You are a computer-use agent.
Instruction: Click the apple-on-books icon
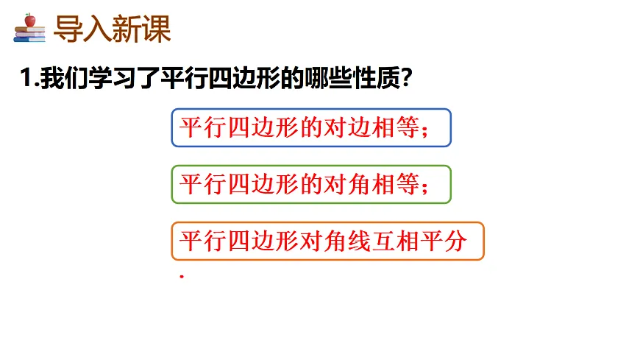(29, 29)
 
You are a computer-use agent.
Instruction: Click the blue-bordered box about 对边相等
(310, 128)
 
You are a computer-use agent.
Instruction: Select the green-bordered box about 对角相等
(310, 184)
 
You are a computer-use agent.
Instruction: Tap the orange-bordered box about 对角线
(327, 241)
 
